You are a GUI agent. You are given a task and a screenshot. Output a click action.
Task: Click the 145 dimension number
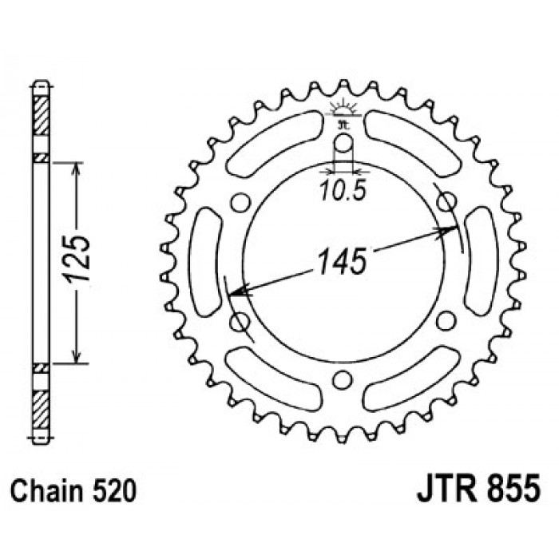pos(342,261)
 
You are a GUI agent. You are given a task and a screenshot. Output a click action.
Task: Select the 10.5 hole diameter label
pos(343,190)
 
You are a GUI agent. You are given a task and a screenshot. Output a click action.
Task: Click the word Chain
pos(46,490)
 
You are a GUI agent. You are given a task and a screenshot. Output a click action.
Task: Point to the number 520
pos(114,490)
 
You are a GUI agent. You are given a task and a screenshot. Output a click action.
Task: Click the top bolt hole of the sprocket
pos(343,143)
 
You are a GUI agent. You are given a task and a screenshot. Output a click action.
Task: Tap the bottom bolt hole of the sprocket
pos(342,379)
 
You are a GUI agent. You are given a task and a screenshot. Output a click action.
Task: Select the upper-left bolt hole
pos(240,203)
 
